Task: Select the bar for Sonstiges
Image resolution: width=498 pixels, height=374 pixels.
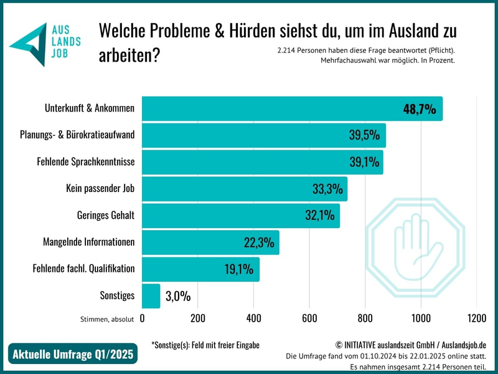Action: pos(151,296)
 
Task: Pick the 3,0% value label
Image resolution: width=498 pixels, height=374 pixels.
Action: pos(178,296)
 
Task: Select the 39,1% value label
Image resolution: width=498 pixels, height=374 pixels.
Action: pos(365,163)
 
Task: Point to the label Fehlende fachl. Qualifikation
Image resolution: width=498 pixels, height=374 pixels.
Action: pos(83,269)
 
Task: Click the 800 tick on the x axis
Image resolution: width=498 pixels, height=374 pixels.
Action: pos(365,318)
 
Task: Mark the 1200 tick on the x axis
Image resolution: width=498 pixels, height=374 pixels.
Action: pos(476,318)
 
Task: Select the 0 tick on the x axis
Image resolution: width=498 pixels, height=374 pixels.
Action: pos(143,318)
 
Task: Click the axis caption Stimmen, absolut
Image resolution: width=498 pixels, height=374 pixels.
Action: pos(107,319)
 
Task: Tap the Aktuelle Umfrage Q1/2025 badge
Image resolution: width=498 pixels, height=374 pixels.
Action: pos(73,355)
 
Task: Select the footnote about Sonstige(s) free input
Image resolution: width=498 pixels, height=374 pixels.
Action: pos(205,345)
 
